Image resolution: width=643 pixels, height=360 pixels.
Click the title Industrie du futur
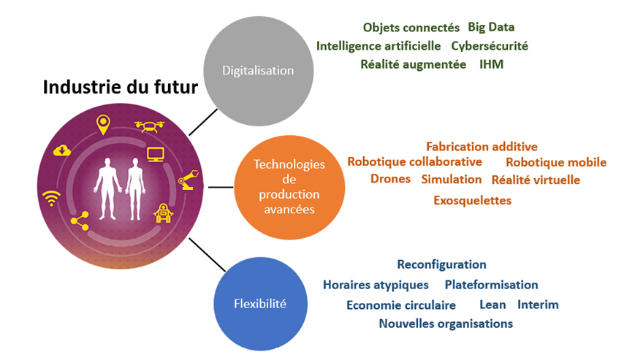[x=120, y=88]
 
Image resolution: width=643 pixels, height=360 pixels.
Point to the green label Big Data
[x=491, y=28]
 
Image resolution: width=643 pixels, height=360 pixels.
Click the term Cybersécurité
[x=489, y=46]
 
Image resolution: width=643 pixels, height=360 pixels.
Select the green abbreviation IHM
[x=491, y=64]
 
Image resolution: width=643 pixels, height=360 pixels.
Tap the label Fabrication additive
[x=482, y=147]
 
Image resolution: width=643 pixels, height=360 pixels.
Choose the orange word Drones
[x=390, y=179]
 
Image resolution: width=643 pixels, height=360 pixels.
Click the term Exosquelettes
[x=472, y=200]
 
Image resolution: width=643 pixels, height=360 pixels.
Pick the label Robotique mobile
[x=556, y=162]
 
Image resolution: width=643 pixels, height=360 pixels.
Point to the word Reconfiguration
[x=441, y=264]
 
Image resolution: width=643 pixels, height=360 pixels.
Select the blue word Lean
[x=492, y=305]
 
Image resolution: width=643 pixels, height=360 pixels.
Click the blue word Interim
[x=538, y=305]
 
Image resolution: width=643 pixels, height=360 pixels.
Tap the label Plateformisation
[x=491, y=285]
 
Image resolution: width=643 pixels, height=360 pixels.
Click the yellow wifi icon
[x=51, y=196]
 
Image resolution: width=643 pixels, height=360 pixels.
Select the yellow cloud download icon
[x=62, y=150]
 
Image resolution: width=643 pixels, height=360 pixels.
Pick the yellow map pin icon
[x=102, y=124]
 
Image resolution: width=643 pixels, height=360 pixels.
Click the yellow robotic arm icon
[x=188, y=178]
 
